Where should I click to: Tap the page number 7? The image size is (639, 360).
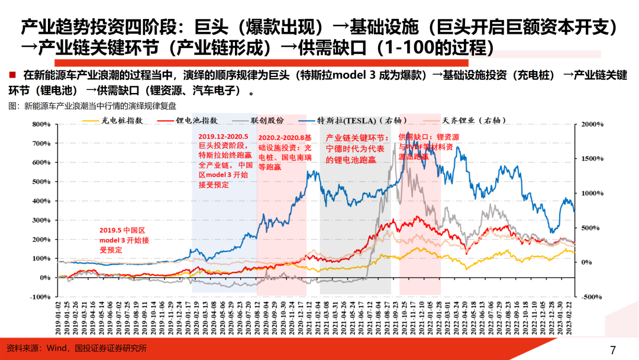(613, 349)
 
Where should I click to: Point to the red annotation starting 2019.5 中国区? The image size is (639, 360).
(121, 240)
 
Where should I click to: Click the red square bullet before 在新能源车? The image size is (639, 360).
(12, 75)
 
